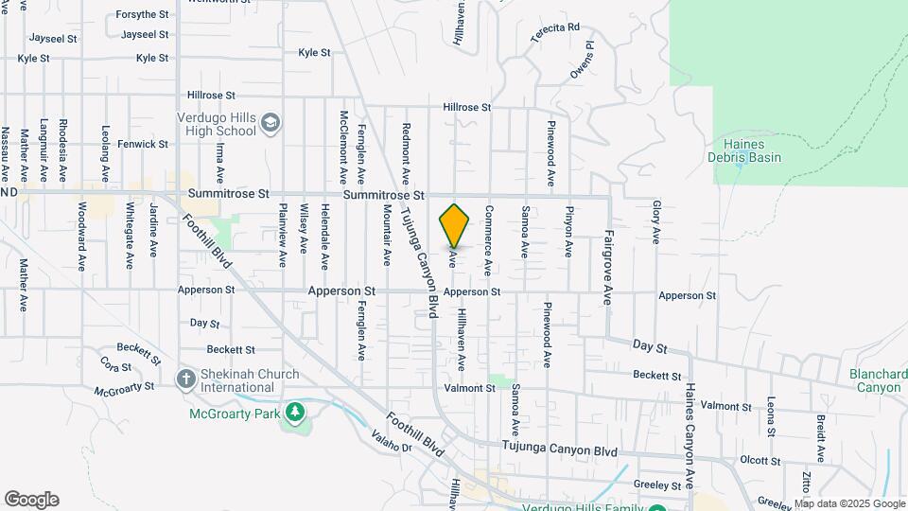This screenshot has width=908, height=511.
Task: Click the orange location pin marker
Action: tap(455, 225)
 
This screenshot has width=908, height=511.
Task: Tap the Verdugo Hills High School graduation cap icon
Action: tap(271, 124)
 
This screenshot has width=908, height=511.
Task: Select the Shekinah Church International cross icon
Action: tap(186, 379)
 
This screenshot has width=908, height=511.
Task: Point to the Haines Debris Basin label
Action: tap(744, 150)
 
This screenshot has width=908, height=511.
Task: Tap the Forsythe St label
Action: tap(142, 15)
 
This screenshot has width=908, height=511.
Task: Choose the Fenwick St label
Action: tap(143, 144)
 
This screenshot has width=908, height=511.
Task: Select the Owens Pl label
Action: tap(581, 59)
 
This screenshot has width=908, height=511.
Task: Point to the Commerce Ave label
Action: tap(488, 240)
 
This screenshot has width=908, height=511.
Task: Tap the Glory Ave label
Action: tap(655, 220)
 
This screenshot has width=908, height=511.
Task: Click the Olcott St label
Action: tap(760, 461)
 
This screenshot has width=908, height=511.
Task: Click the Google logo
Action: tap(31, 500)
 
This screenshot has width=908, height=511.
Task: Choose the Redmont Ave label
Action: tap(406, 152)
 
